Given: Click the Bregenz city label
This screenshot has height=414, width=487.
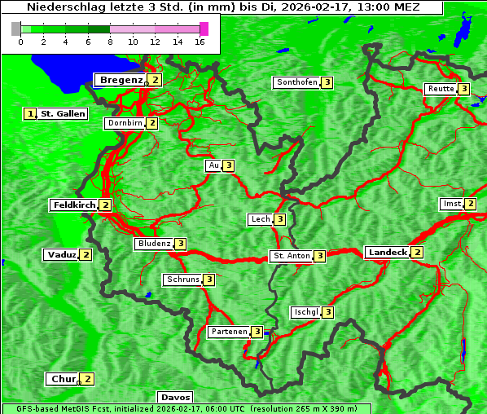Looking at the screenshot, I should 121,80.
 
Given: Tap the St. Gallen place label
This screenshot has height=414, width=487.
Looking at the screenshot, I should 63,114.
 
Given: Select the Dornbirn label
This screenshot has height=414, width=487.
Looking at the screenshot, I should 125,123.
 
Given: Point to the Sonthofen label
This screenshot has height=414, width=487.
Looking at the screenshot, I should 296,82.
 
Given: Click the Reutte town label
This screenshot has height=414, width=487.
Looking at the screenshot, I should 440,89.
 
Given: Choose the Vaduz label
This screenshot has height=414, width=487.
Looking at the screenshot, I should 62,254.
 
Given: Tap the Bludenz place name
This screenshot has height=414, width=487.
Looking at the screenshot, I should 154,244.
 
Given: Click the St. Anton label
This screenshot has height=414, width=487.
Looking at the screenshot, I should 292,256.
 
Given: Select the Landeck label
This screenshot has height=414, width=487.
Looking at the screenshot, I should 387,253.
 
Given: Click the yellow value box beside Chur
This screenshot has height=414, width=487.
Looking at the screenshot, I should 87,379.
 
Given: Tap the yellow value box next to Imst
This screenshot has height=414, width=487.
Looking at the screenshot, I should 470,204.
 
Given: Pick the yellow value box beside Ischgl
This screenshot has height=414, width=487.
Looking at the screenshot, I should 327,312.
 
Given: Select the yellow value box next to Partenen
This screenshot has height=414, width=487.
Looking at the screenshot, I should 257,332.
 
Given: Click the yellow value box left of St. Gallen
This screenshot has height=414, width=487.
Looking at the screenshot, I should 31,114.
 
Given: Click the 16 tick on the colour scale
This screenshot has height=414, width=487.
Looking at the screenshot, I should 200,42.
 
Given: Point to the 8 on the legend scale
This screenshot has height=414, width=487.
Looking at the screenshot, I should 110,42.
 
